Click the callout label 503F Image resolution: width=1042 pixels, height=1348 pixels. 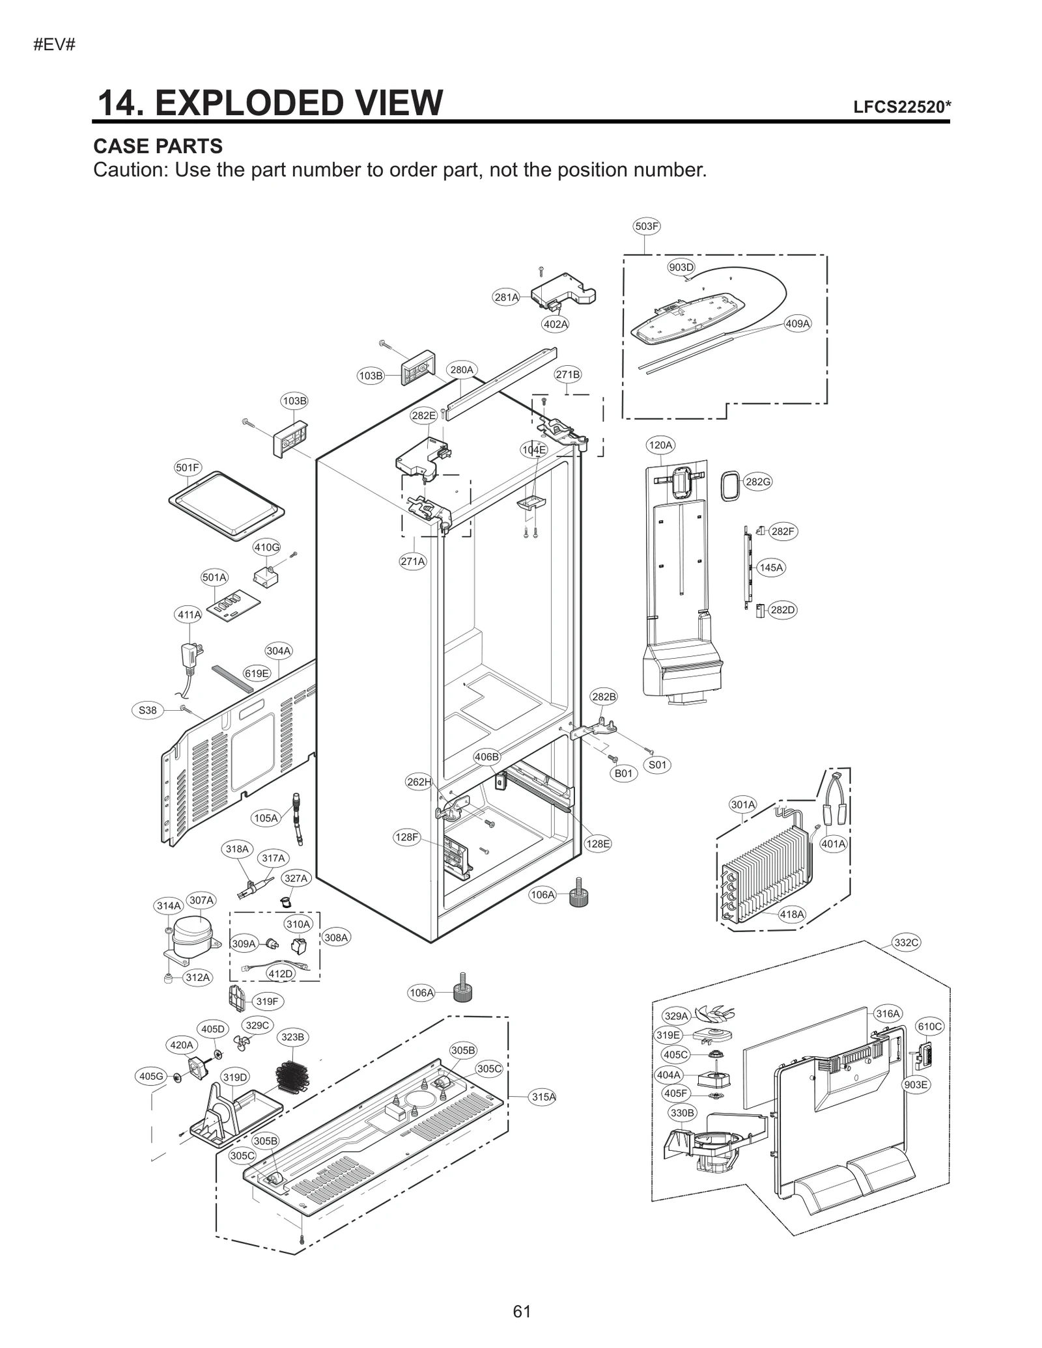tap(646, 227)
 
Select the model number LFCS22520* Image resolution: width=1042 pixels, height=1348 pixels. tap(901, 107)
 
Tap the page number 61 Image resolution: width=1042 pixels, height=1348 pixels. tap(522, 1311)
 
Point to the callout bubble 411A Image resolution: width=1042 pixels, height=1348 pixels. tap(189, 614)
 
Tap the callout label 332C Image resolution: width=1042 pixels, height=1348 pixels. tap(906, 942)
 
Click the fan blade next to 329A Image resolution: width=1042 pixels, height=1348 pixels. tap(714, 1013)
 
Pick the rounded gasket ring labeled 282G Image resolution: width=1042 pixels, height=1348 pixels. tap(731, 487)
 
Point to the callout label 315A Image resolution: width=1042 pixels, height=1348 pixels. tap(543, 1097)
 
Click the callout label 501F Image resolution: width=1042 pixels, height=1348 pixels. tap(188, 467)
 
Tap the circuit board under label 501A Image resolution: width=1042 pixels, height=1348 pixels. tap(233, 607)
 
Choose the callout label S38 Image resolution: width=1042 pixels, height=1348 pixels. tap(148, 710)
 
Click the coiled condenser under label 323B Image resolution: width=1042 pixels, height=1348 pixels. tap(291, 1077)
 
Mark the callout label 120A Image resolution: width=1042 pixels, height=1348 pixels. tap(660, 445)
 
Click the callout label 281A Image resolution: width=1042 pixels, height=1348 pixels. tap(506, 297)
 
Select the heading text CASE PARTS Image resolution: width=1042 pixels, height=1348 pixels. tap(158, 146)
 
